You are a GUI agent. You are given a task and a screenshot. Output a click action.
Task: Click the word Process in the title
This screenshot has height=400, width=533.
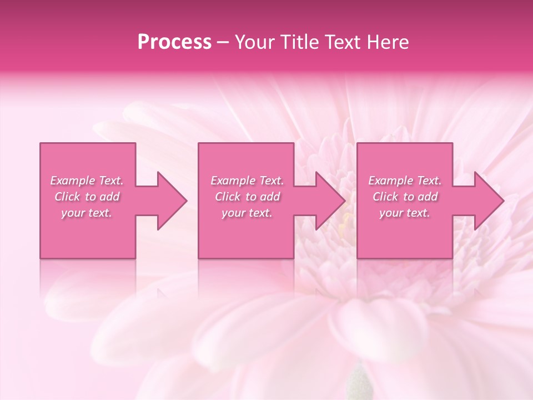(174, 42)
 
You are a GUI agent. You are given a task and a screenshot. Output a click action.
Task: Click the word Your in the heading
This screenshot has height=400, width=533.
(255, 42)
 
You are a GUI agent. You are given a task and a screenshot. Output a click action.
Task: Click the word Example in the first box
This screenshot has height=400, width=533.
(72, 181)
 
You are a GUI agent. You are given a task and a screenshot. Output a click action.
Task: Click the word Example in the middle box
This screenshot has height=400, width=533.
(233, 181)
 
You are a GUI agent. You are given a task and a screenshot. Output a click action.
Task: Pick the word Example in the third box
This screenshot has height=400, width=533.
(390, 181)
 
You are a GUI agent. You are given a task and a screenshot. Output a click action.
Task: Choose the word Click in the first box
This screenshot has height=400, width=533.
(67, 197)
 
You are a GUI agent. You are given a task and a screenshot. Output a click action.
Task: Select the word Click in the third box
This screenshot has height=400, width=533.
(385, 197)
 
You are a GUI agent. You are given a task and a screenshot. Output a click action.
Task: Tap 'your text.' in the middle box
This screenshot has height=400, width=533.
(247, 213)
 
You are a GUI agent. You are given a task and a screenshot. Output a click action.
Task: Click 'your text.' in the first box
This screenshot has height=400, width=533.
(87, 213)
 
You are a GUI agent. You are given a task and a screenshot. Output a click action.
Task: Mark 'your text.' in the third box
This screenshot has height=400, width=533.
(405, 213)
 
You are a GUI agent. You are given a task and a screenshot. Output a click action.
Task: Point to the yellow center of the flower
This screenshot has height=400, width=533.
(345, 222)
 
